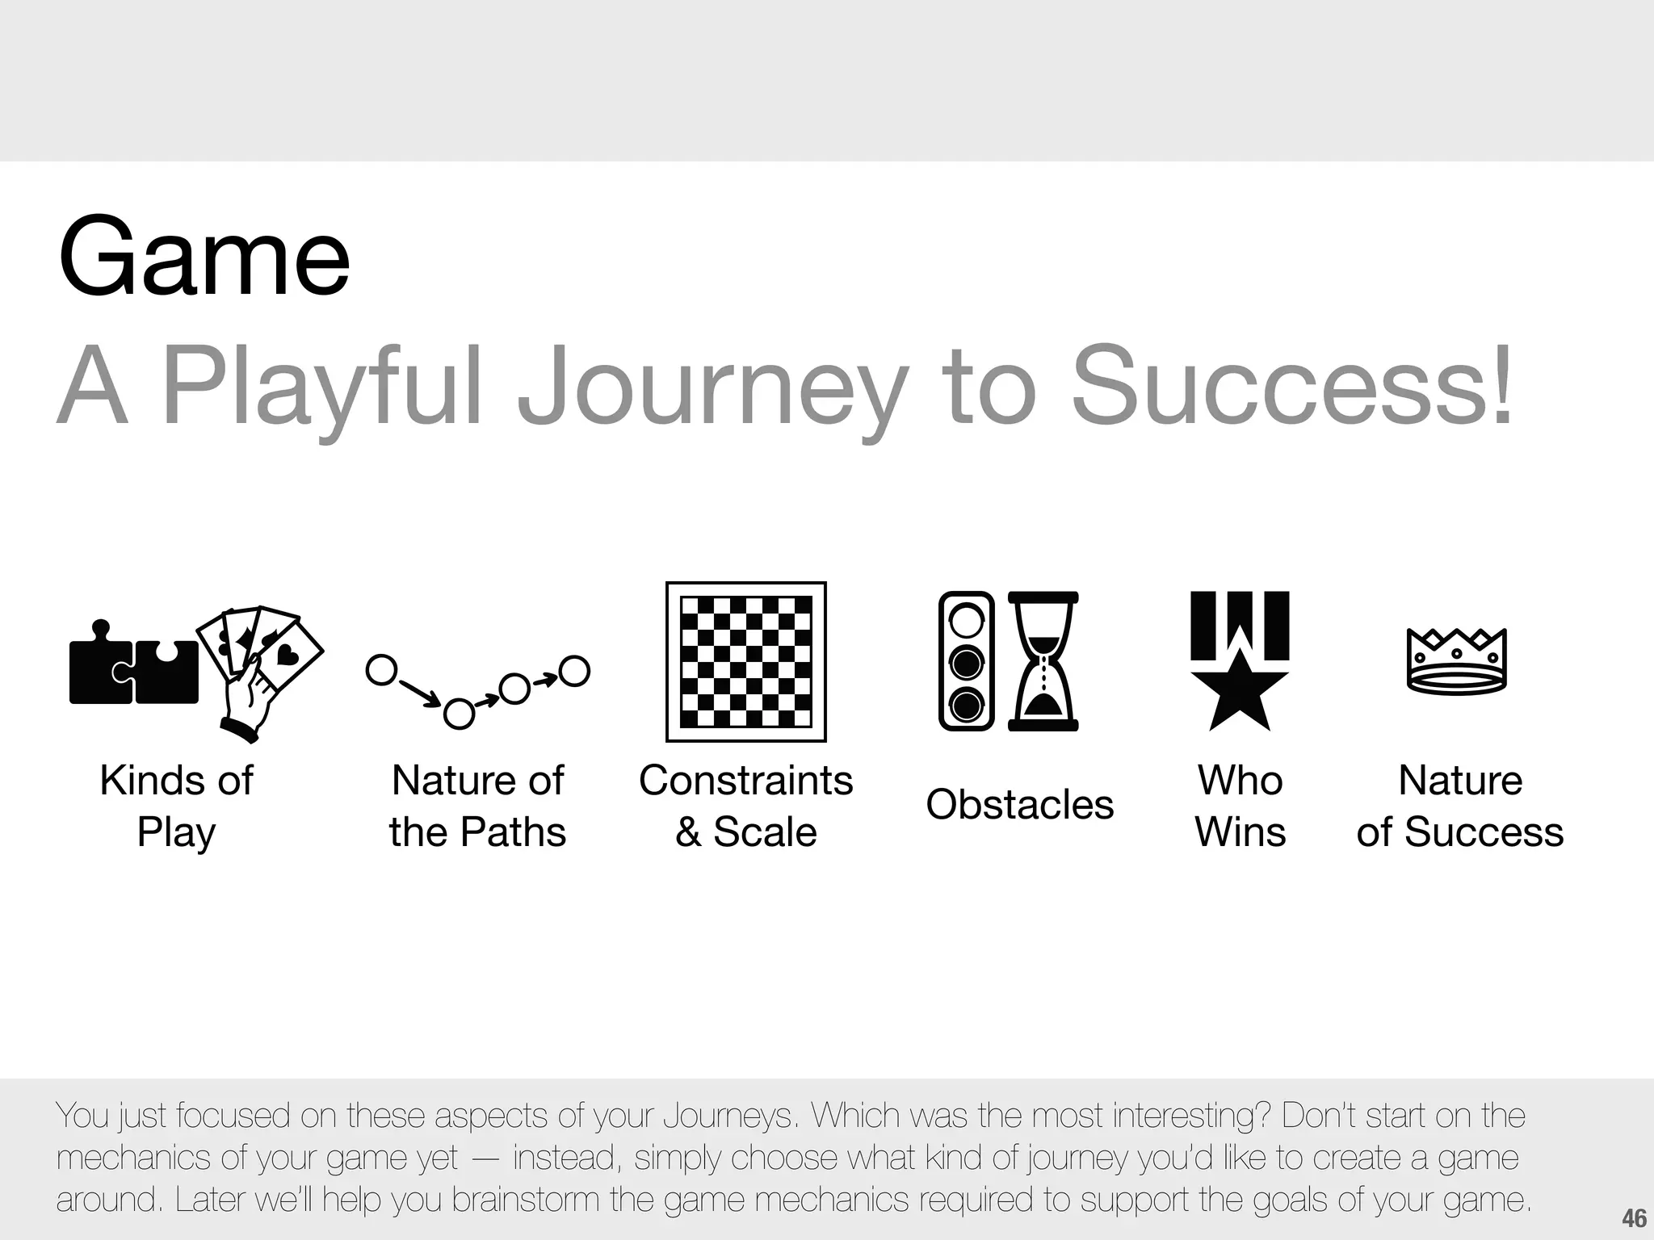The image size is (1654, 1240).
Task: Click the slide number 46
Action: click(1634, 1218)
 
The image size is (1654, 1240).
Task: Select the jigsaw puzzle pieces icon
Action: click(134, 666)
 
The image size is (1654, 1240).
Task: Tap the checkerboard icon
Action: click(745, 661)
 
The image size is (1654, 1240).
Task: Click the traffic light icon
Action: click(966, 661)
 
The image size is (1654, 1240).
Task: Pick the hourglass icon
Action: click(1043, 661)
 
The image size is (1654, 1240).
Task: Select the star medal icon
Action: click(1240, 661)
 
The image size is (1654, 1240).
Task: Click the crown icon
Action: click(1457, 661)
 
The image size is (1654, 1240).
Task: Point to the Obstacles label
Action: click(1019, 805)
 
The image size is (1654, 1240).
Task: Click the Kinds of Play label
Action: click(176, 806)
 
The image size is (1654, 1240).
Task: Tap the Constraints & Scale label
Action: click(745, 806)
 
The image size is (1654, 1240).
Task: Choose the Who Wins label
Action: click(1240, 806)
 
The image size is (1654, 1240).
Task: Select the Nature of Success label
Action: click(1459, 806)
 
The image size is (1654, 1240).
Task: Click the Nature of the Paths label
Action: click(477, 806)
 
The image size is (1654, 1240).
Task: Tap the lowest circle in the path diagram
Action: click(459, 714)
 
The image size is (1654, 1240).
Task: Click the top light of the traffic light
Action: click(966, 622)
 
